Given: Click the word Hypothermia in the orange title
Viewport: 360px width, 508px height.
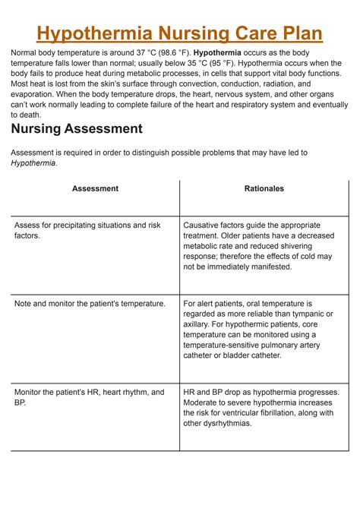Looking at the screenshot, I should (94, 33).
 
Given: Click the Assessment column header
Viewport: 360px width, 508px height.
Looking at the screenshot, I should (95, 188).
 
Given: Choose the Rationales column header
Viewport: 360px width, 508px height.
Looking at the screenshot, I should (264, 188).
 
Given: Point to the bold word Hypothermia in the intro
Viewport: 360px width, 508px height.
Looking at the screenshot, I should (223, 52).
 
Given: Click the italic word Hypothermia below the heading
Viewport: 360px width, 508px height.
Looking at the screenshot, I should (33, 162).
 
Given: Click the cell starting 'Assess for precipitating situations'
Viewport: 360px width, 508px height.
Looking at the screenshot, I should (87, 230).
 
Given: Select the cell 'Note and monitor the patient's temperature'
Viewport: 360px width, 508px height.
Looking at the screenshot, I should (90, 303).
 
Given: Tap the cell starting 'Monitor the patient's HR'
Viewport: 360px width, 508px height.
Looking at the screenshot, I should (89, 397).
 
